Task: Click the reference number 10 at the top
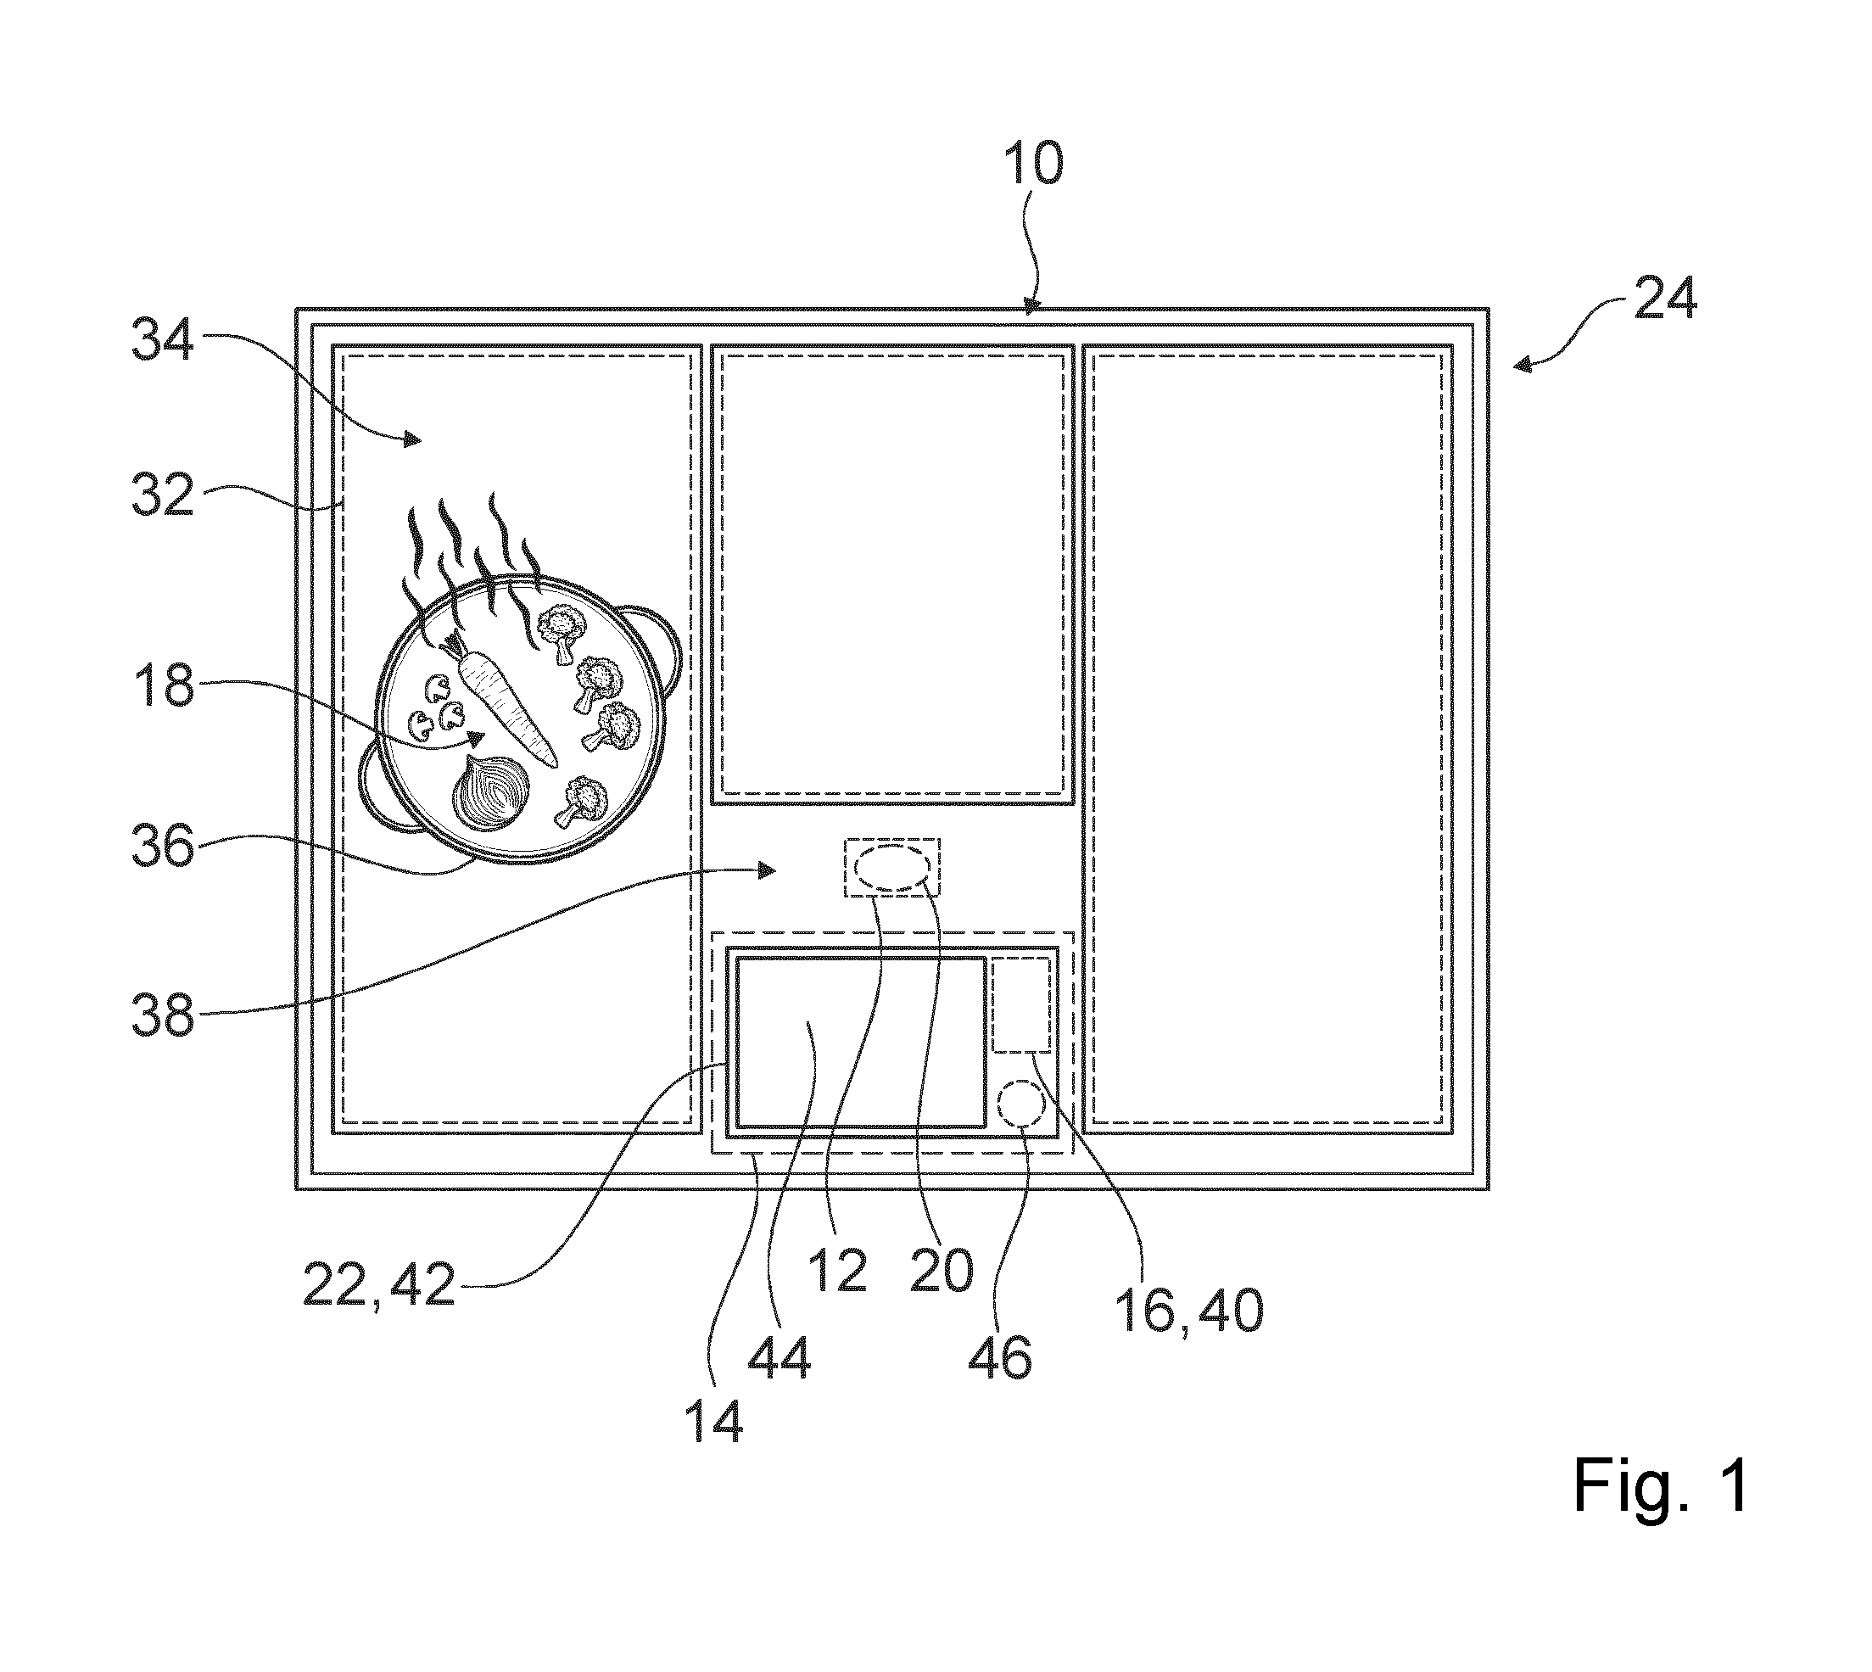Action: click(1033, 165)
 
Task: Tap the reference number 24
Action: click(1665, 298)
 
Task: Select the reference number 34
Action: click(163, 339)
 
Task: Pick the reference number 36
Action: click(163, 846)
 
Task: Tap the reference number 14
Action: click(713, 1421)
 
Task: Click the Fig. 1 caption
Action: click(1661, 1485)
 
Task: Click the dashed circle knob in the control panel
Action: click(1021, 1103)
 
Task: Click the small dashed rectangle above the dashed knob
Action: click(1021, 1004)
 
